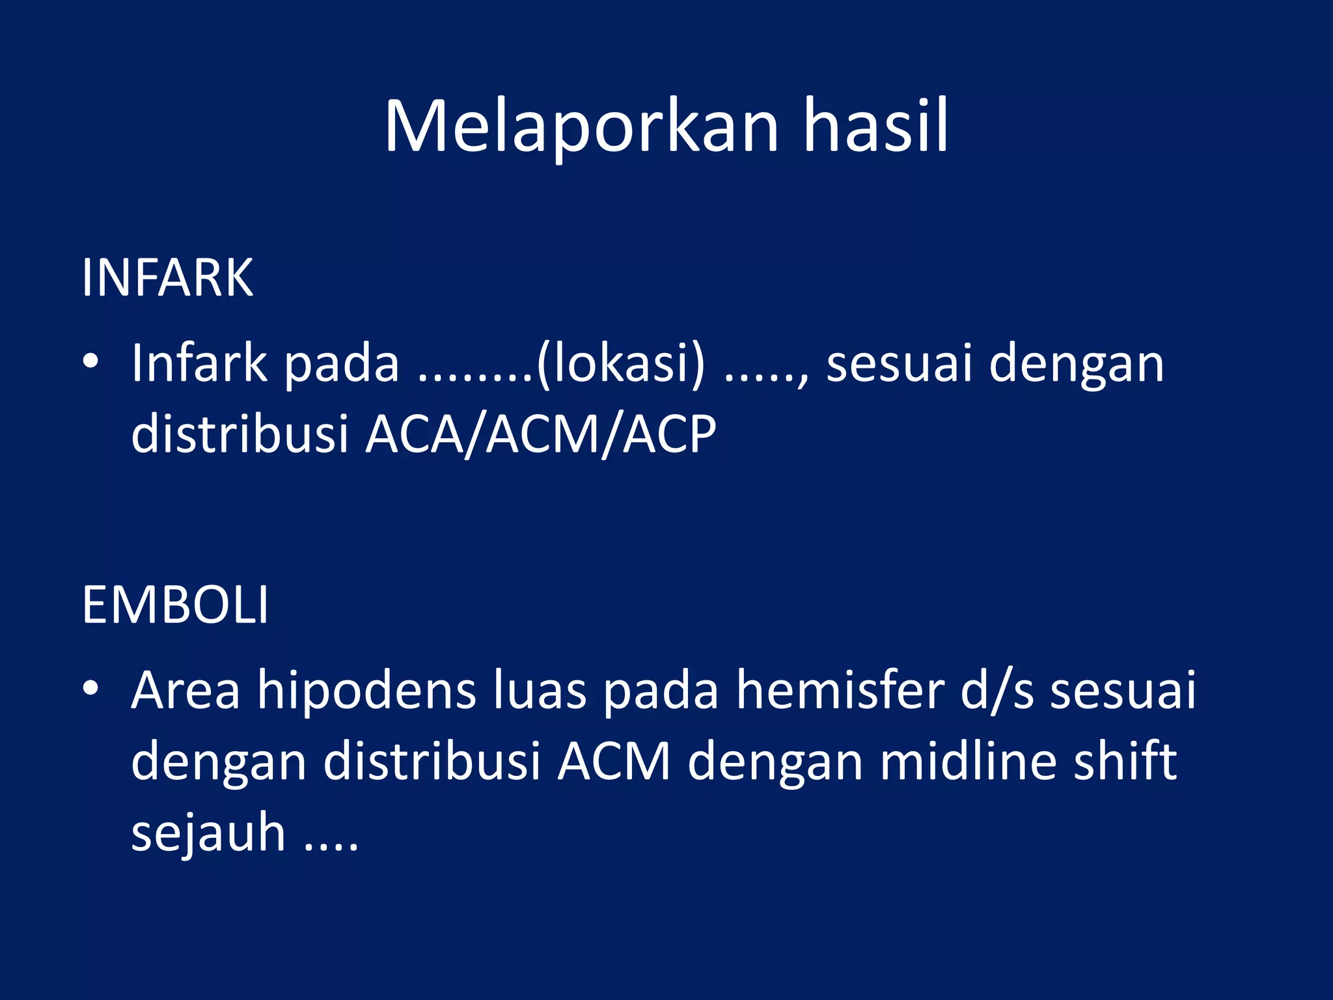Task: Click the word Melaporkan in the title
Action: coord(581,127)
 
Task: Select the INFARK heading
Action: coord(167,279)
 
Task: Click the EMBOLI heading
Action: coord(175,605)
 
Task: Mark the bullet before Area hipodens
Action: coord(91,687)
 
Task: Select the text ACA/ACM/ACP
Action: coord(541,435)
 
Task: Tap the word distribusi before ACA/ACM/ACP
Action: coord(240,434)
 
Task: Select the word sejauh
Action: coord(208,833)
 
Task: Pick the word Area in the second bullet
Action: coord(186,690)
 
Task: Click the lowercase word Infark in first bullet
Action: coord(199,363)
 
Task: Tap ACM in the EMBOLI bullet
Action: coord(614,762)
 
